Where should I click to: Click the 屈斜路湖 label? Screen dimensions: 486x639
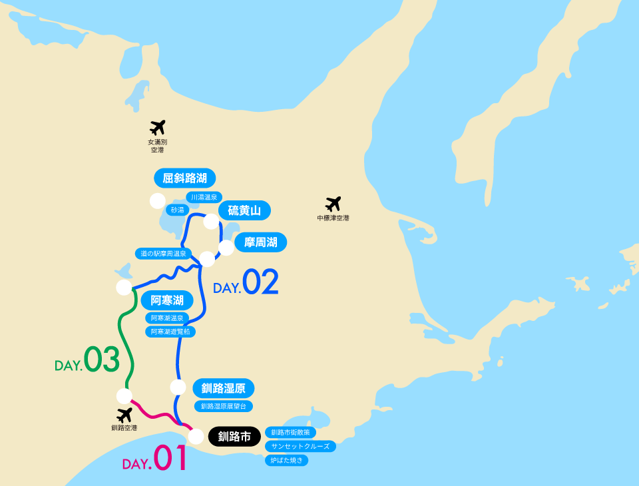click(185, 178)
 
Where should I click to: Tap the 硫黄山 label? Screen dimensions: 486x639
click(244, 211)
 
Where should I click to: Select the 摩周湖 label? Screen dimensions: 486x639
click(260, 242)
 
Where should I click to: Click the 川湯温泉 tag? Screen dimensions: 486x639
click(204, 197)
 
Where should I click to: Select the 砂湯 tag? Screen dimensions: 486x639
click(176, 210)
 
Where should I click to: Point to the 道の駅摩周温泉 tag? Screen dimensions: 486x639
click(164, 254)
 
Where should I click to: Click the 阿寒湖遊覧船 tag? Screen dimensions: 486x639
click(170, 331)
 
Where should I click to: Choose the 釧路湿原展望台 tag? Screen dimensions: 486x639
click(223, 405)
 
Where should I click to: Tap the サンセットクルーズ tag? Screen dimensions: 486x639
click(300, 446)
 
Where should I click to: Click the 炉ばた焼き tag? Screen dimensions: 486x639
click(287, 460)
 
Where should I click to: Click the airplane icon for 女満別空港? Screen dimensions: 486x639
click(157, 127)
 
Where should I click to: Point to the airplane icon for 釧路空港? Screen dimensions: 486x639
click(124, 415)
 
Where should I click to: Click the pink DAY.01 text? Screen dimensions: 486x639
click(154, 460)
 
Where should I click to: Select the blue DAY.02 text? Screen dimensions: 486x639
click(246, 283)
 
